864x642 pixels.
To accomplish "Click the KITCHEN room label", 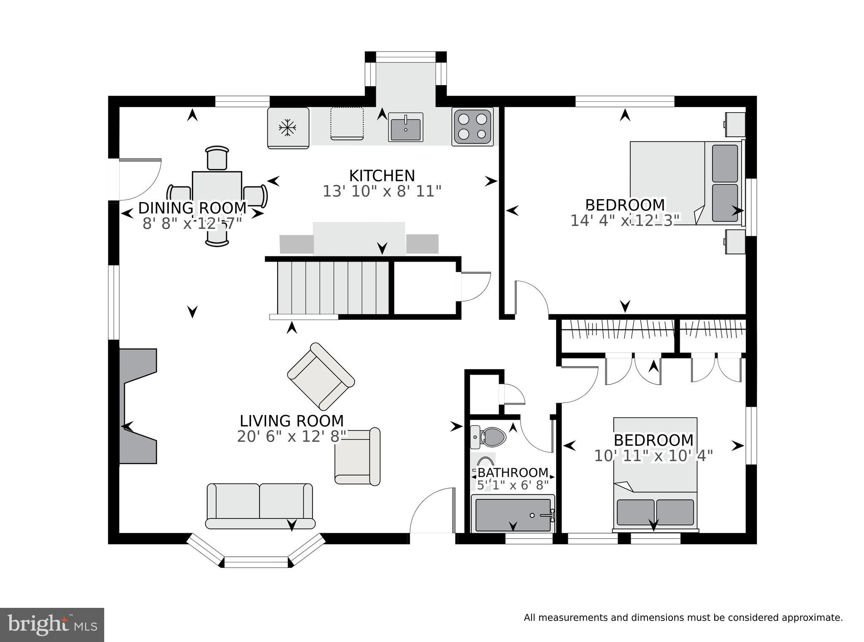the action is coord(382,175).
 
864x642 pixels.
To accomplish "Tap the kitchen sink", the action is coord(405,127).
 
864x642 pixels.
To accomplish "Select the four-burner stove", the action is coord(472,127).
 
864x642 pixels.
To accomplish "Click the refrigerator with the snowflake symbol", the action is coord(289,128).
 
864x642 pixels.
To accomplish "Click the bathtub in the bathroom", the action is coord(513,514).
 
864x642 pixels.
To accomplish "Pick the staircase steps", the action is coord(333,288).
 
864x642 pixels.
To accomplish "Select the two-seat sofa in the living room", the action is coord(260,506).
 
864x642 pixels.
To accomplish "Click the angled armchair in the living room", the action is coord(321,376).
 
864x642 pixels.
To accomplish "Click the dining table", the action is coord(217,196).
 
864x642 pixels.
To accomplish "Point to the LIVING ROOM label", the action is coord(292,421).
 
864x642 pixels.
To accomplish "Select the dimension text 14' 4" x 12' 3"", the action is coord(625,220).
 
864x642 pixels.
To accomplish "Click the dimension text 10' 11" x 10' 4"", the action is coord(653,456).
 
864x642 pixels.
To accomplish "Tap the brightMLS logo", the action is coord(52,625).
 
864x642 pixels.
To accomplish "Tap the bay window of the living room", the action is coord(256,551).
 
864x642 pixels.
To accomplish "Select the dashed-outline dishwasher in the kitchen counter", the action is coord(347,123).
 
